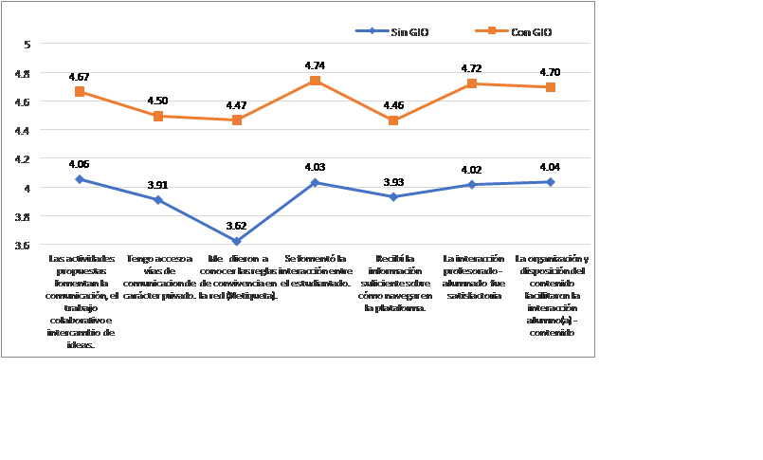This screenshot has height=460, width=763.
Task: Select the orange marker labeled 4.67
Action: [x=81, y=92]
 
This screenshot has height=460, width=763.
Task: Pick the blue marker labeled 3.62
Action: [x=237, y=242]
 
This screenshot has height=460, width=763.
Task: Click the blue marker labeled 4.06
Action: [x=81, y=178]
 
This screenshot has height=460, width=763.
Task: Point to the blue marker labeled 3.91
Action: [x=158, y=200]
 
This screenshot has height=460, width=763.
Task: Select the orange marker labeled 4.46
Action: [x=393, y=120]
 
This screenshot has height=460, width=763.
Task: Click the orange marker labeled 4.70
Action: [x=551, y=87]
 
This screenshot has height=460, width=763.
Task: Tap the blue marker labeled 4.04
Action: [x=551, y=181]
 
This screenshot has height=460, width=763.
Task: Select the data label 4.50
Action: [x=158, y=101]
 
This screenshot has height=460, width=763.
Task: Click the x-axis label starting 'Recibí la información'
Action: [x=393, y=283]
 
